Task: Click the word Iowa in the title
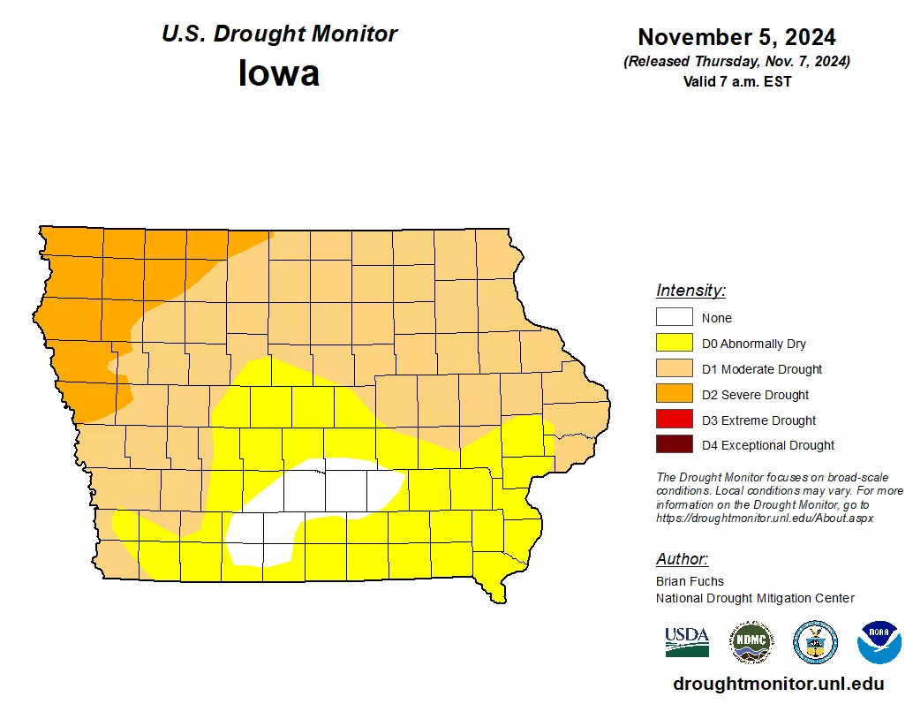278,72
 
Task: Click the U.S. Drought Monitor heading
279,34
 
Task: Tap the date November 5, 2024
736,37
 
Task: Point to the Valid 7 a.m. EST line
736,81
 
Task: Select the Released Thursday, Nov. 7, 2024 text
736,61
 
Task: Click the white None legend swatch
674,318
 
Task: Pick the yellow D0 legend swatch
674,344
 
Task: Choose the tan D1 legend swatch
674,369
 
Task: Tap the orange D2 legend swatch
674,395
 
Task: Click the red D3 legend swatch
674,420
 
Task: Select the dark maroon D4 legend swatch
674,445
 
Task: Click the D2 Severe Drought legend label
755,395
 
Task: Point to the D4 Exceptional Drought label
767,445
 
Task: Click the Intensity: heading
690,291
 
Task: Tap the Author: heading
682,559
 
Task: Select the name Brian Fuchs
690,581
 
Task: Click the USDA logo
687,642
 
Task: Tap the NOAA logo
879,642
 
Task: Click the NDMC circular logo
751,642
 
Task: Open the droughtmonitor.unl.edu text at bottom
778,684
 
